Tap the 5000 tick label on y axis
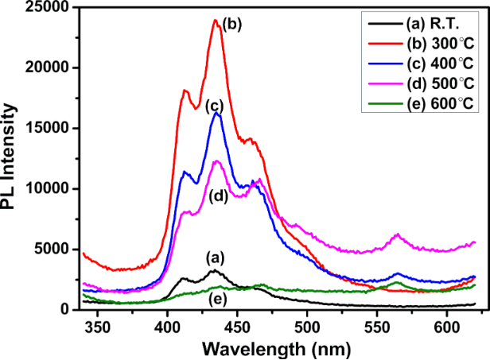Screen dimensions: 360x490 pos(58,249)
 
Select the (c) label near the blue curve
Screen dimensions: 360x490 pos(213,105)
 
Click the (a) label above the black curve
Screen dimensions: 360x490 pos(214,257)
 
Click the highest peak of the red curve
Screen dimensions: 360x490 pos(216,21)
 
